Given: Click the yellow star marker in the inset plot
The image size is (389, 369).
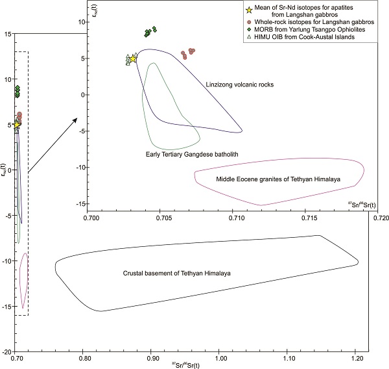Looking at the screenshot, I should click(x=133, y=58).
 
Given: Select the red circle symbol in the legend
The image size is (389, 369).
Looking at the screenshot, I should click(x=248, y=22).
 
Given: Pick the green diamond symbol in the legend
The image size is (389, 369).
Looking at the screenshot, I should click(x=248, y=29).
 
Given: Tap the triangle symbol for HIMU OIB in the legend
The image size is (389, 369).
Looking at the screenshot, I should click(x=248, y=36).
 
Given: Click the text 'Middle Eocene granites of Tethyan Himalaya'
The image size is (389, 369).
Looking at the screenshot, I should click(x=279, y=177).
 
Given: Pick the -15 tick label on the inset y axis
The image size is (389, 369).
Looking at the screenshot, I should click(x=80, y=204).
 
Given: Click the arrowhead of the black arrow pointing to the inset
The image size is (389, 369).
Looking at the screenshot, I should click(x=77, y=120).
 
